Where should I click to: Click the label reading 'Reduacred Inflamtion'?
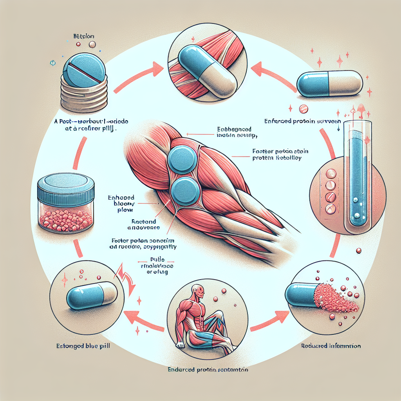[x=331, y=346]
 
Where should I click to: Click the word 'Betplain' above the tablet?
[x=83, y=36]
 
